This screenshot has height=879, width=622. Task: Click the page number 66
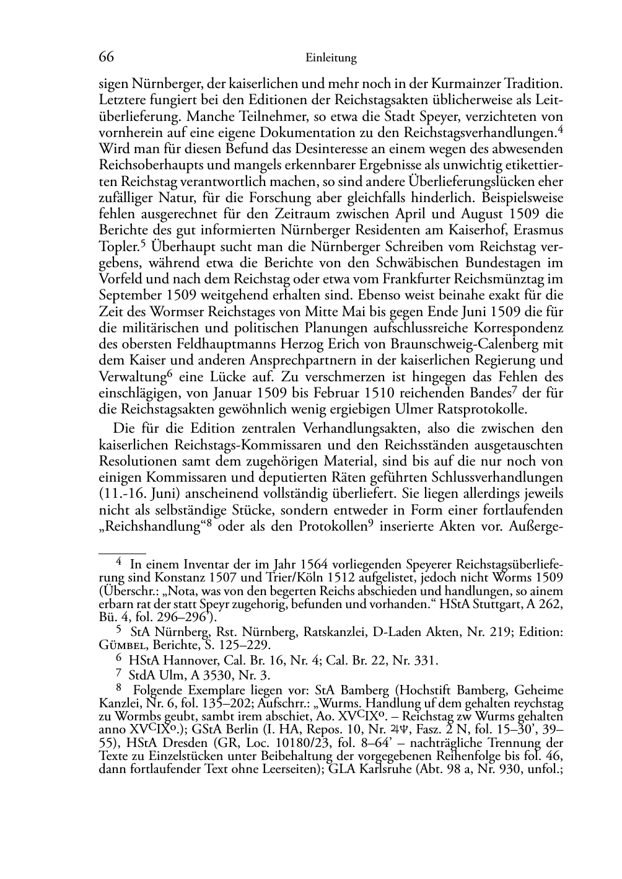[x=107, y=58]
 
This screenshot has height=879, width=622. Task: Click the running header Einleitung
[x=331, y=58]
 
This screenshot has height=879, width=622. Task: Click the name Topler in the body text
[x=122, y=247]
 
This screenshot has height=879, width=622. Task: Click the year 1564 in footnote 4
[x=315, y=565]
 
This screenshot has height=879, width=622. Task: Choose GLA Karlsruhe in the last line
[x=366, y=769]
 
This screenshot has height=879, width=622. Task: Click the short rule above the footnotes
[x=122, y=550]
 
